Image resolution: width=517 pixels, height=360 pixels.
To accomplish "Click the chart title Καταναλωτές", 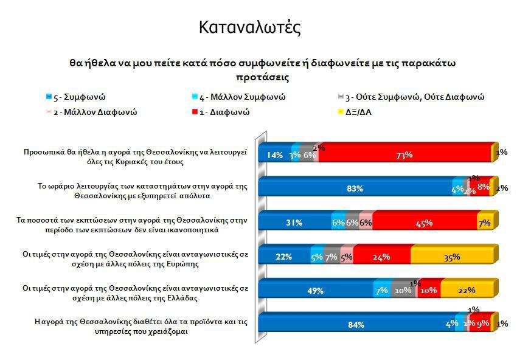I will click(249, 27).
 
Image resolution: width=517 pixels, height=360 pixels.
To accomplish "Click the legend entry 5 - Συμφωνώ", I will click(76, 97).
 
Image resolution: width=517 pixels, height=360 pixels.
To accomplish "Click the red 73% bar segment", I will click(404, 154).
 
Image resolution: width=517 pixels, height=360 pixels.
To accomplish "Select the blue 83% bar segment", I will click(355, 189).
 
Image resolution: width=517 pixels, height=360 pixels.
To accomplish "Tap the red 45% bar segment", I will click(425, 223).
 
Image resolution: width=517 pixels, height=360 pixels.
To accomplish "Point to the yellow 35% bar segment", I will click(453, 257).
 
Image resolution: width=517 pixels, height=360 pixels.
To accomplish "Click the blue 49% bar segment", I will click(315, 291).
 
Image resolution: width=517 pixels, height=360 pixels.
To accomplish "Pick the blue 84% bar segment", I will click(356, 324).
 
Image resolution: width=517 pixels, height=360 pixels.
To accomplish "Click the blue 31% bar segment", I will click(294, 223).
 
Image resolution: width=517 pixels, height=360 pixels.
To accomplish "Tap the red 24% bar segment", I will click(381, 257).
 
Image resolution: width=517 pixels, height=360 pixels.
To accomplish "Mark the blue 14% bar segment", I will click(275, 154).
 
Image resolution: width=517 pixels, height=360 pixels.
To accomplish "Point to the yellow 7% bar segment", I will click(485, 223).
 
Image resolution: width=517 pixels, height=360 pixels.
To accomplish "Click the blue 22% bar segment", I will click(284, 257).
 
